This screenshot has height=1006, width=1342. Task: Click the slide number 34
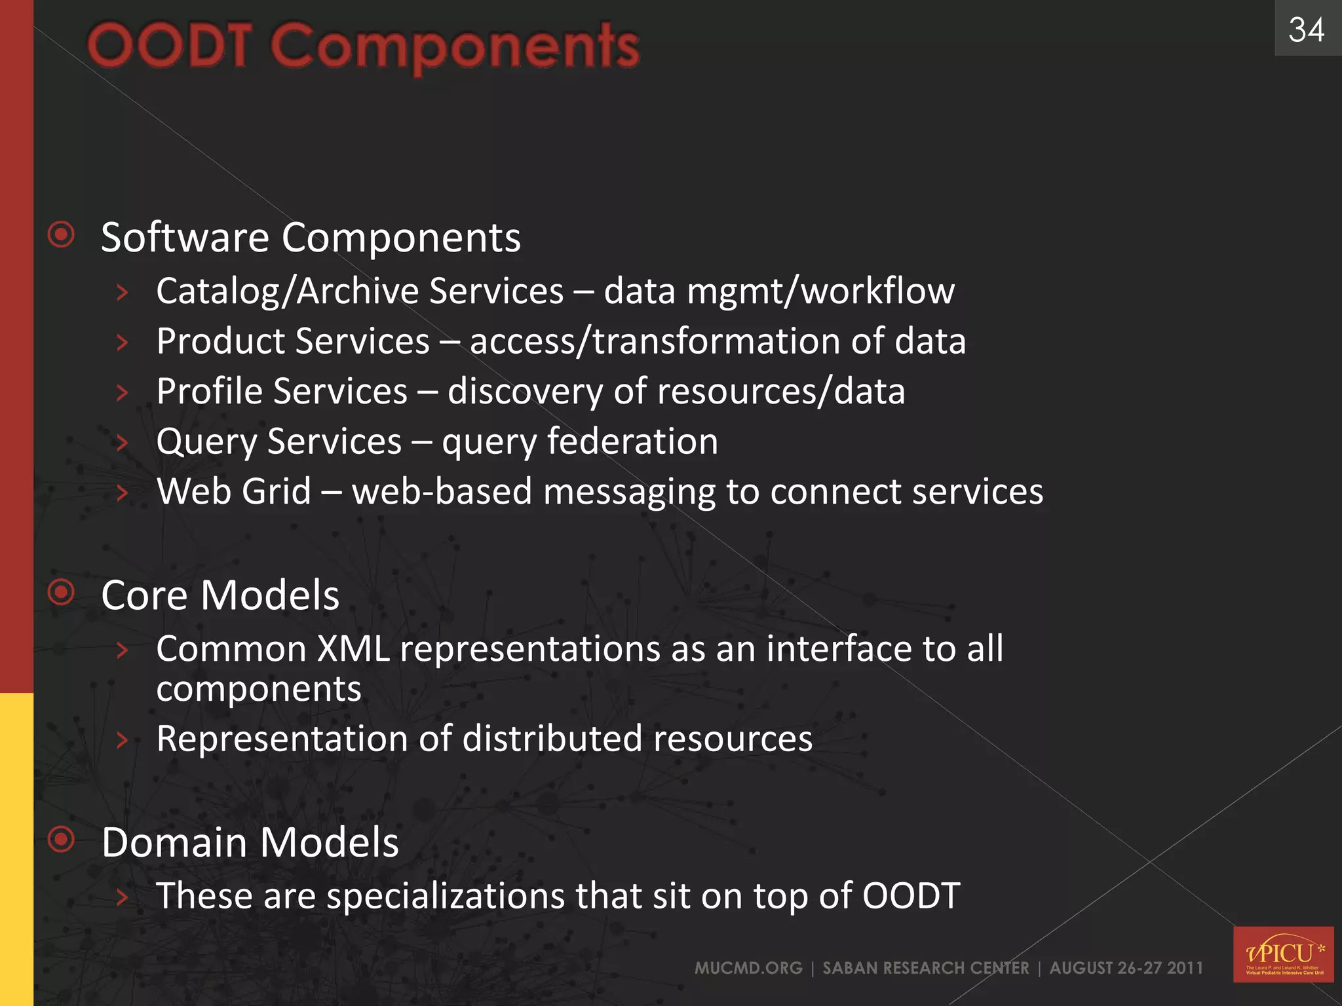pyautogui.click(x=1306, y=30)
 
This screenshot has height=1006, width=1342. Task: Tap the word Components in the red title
pyautogui.click(x=455, y=47)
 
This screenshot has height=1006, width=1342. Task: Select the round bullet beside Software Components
pyautogui.click(x=62, y=234)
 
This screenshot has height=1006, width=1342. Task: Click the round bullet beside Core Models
pyautogui.click(x=62, y=593)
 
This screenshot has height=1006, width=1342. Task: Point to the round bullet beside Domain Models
pyautogui.click(x=62, y=839)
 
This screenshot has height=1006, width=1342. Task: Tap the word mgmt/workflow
pyautogui.click(x=820, y=291)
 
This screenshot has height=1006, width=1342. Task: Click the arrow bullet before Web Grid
pyautogui.click(x=122, y=493)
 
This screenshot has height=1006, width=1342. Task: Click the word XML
pyautogui.click(x=354, y=649)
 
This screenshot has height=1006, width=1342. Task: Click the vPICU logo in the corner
pyautogui.click(x=1283, y=954)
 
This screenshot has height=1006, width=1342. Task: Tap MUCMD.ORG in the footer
pyautogui.click(x=748, y=968)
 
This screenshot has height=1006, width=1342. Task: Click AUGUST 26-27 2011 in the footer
pyautogui.click(x=1126, y=968)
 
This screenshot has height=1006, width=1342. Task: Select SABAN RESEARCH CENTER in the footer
pyautogui.click(x=925, y=968)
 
